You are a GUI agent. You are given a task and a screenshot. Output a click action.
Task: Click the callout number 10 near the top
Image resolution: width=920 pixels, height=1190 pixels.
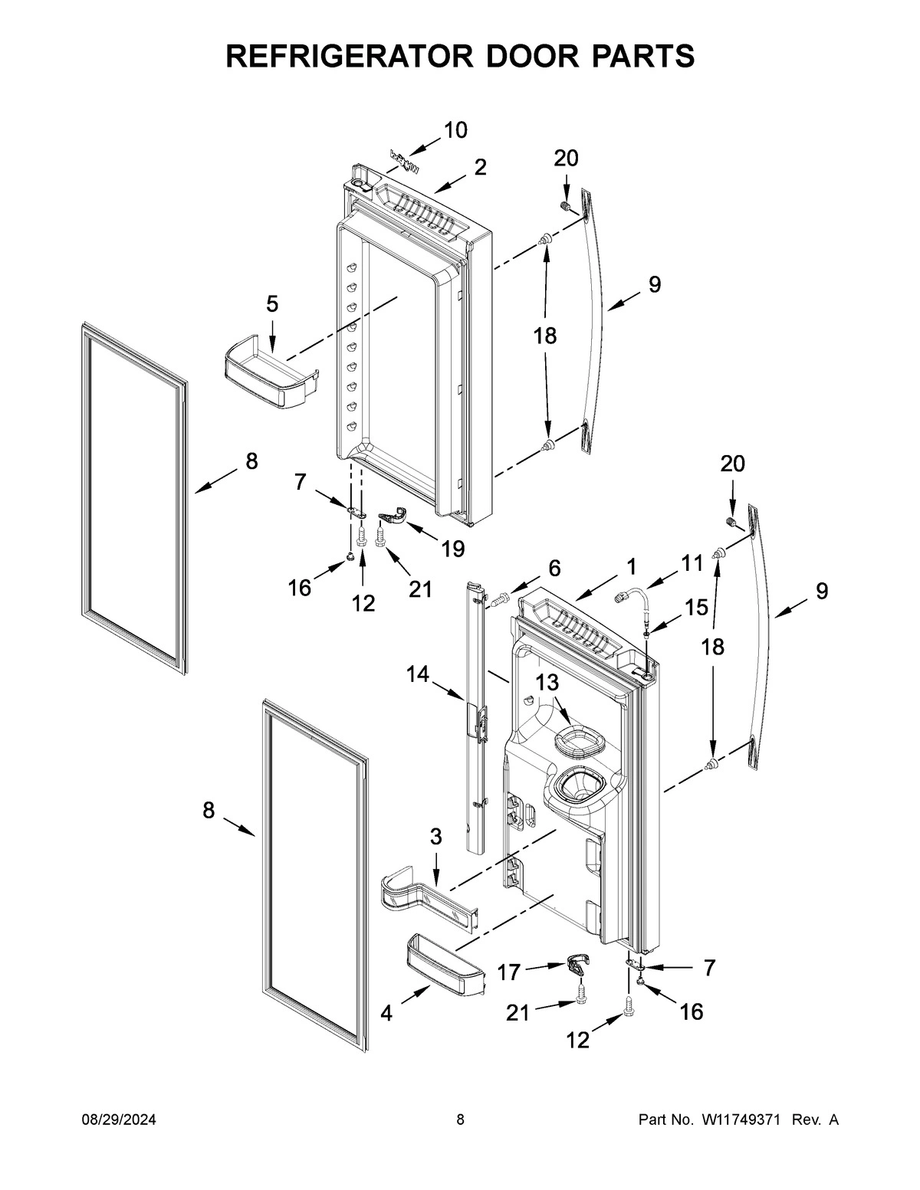455,130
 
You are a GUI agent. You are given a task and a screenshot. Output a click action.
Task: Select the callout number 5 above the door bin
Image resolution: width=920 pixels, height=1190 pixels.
272,304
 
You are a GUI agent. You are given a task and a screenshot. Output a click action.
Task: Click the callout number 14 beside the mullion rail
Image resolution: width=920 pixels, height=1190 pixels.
418,674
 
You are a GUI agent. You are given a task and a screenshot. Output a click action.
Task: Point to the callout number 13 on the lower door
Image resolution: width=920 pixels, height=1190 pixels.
547,683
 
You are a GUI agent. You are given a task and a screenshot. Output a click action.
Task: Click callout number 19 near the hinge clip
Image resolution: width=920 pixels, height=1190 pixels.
453,549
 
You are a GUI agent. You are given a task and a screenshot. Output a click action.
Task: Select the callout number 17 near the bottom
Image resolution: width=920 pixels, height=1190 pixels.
509,972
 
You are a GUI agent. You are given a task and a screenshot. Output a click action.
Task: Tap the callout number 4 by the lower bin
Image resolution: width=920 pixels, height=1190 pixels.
386,1014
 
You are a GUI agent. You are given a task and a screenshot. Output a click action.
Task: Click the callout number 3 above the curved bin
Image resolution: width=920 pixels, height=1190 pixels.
435,837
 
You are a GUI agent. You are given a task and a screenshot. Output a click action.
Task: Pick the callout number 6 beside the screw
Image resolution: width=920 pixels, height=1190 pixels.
554,568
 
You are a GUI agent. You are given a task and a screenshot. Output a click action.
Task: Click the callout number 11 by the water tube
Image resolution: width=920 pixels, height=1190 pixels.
692,563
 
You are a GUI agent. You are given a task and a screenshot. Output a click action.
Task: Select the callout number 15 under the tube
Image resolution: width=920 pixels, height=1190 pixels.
696,608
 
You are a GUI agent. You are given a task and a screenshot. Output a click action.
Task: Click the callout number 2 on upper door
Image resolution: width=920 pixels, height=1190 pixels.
480,167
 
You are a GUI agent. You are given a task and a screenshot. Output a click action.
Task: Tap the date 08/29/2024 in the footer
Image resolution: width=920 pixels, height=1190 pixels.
119,1120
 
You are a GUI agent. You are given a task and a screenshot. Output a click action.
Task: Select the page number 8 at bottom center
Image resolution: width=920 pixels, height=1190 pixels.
460,1120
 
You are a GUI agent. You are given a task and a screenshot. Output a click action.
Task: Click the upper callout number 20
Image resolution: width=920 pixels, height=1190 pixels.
566,159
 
